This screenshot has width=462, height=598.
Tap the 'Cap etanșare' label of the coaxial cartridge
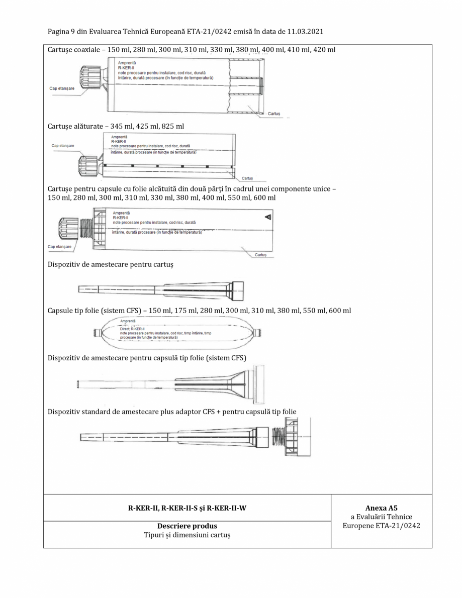click(62, 88)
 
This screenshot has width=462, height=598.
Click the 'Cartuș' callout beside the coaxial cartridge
click(274, 114)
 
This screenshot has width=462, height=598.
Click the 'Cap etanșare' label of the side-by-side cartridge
click(62, 146)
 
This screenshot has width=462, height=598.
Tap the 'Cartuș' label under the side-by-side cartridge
click(247, 178)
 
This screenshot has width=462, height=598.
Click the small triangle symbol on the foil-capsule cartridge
click(268, 217)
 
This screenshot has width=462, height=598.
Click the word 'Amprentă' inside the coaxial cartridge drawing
click(126, 63)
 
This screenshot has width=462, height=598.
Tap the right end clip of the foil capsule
click(258, 332)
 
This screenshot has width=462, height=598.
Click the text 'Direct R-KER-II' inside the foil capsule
click(132, 329)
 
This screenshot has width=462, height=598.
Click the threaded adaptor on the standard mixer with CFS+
click(278, 436)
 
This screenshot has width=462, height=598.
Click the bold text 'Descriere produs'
click(187, 526)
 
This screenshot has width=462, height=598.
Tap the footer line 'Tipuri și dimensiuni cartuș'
click(187, 536)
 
